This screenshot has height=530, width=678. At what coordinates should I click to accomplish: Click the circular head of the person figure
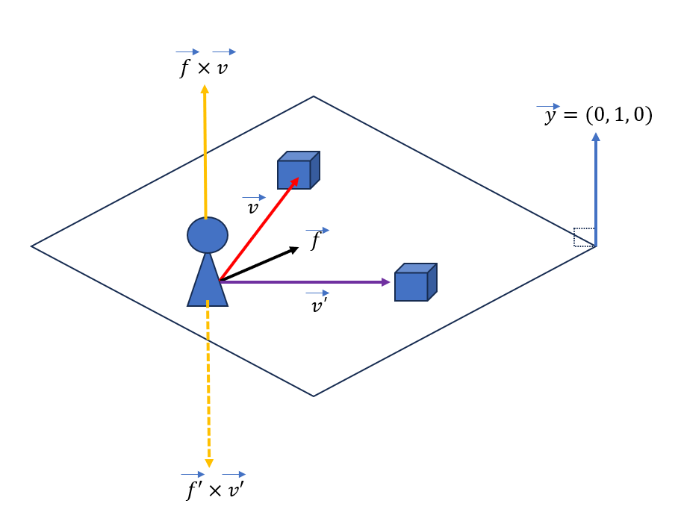pyautogui.click(x=208, y=235)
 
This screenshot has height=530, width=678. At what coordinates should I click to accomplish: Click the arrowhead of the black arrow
pyautogui.click(x=293, y=250)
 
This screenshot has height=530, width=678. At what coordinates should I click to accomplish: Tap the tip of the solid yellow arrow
pyautogui.click(x=205, y=89)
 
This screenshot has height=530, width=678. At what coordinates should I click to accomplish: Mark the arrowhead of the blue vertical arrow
pyautogui.click(x=595, y=137)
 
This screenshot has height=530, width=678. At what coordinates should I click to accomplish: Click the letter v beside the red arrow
pyautogui.click(x=253, y=208)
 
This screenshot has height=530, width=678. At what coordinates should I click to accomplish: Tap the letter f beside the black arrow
pyautogui.click(x=317, y=241)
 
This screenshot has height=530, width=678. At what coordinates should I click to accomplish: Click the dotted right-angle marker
pyautogui.click(x=583, y=237)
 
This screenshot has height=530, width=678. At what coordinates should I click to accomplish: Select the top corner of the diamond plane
pyautogui.click(x=314, y=97)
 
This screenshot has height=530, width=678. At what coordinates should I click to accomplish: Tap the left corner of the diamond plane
pyautogui.click(x=32, y=246)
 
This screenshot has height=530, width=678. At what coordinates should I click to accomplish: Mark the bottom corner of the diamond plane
pyautogui.click(x=314, y=396)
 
